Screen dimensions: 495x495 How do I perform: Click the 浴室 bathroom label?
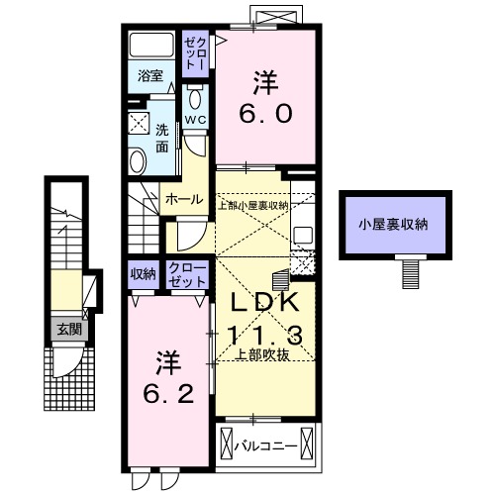point(150,75)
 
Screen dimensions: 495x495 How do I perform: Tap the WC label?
point(195,122)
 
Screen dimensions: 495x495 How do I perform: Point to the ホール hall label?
point(185,198)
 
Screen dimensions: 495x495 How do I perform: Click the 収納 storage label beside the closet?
point(143,273)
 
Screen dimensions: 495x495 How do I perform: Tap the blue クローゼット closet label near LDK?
point(188,274)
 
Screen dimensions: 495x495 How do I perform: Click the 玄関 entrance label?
point(67,330)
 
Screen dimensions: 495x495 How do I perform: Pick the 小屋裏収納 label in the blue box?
point(393,225)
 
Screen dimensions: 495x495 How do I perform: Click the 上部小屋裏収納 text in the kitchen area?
point(253,205)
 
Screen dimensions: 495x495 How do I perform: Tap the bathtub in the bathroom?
point(150,47)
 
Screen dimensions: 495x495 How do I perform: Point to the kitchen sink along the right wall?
point(303,237)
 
